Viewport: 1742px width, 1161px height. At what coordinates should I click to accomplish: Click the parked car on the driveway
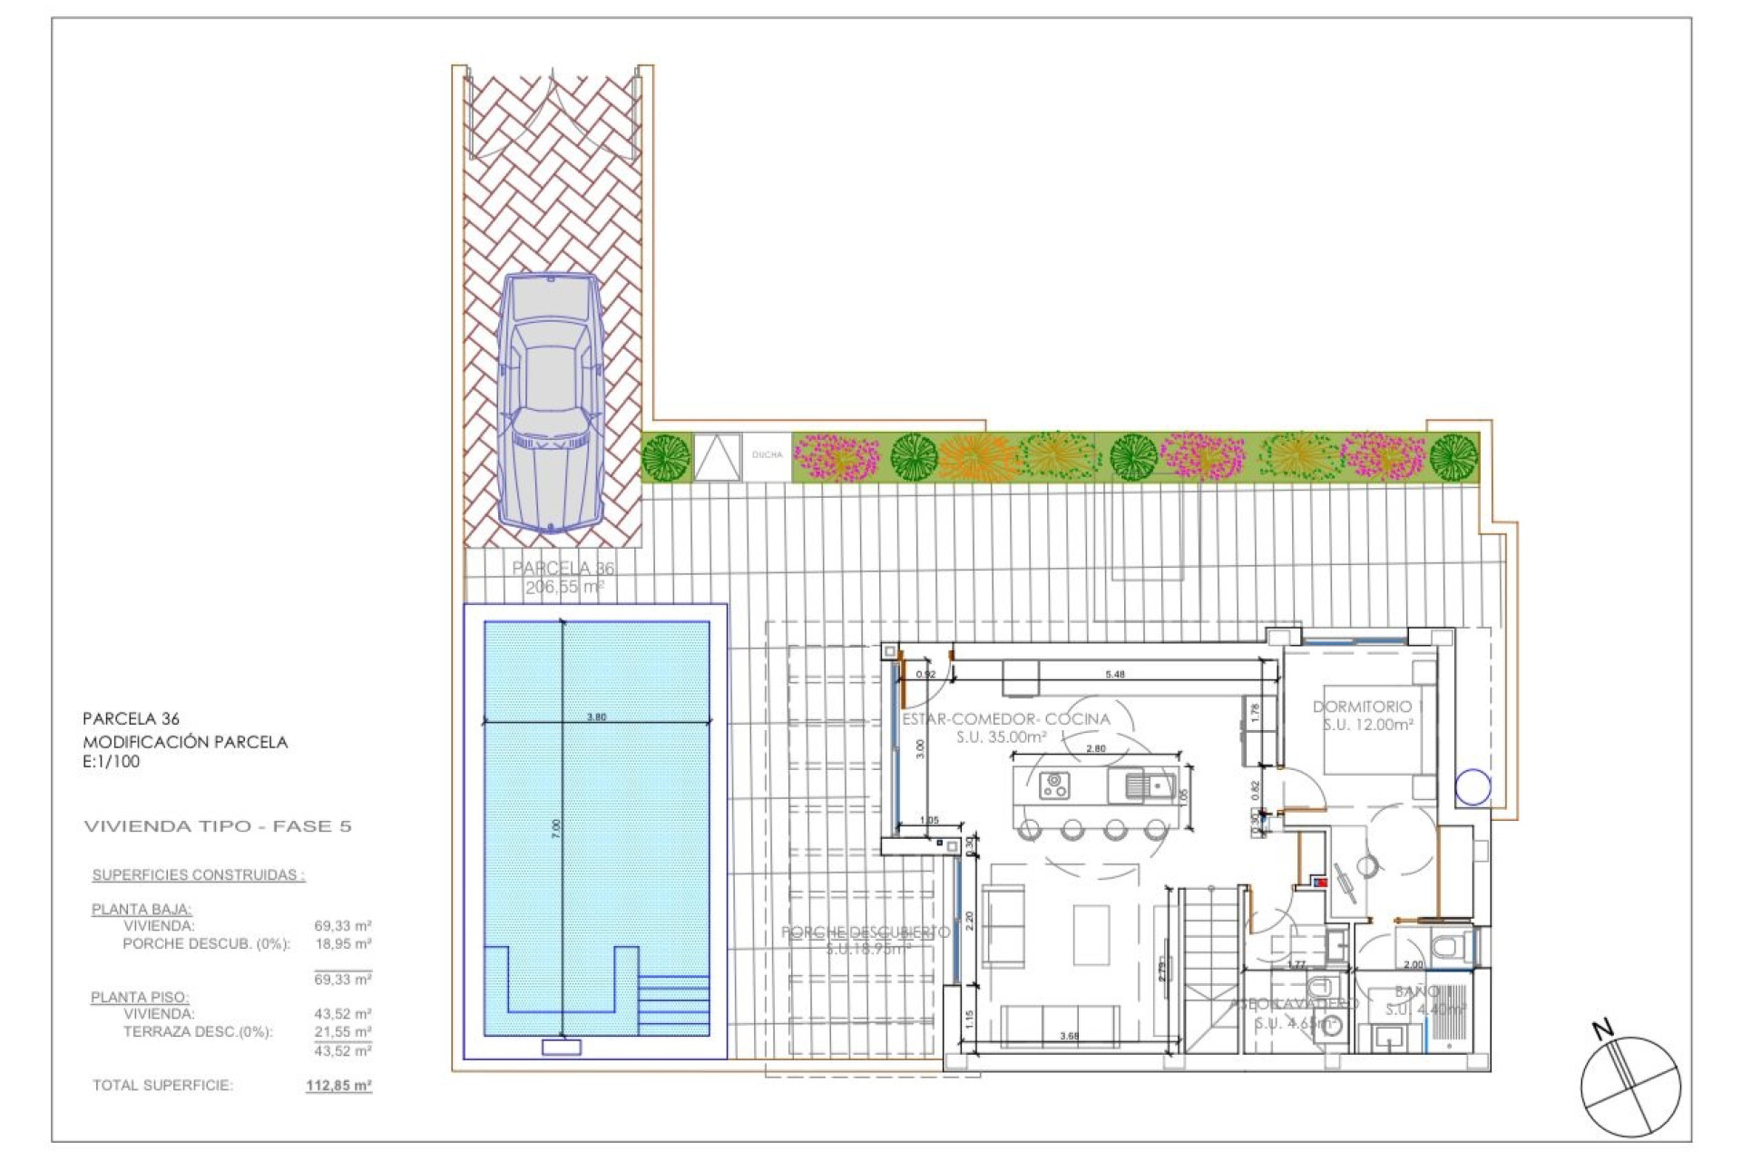click(x=550, y=404)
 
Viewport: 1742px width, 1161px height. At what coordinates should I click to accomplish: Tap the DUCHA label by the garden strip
click(x=767, y=455)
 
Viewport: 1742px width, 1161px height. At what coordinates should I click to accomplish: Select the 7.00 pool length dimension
click(x=556, y=827)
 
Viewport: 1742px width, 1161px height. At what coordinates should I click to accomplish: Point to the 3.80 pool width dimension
click(x=596, y=717)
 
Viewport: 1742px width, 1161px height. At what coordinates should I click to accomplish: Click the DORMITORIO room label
click(x=1362, y=707)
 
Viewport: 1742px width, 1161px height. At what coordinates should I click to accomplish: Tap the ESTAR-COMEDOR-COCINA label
click(x=1005, y=719)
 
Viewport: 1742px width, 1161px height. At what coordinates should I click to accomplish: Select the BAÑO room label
click(x=1415, y=992)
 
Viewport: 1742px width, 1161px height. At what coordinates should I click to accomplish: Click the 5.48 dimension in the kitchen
click(x=1115, y=674)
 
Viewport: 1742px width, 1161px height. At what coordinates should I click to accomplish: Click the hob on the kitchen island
click(x=1054, y=785)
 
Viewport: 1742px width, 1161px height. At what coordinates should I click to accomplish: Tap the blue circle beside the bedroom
click(x=1472, y=787)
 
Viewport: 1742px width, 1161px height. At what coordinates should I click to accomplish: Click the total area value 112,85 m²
click(x=338, y=1086)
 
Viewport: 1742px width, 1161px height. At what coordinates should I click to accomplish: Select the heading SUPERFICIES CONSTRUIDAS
click(x=198, y=875)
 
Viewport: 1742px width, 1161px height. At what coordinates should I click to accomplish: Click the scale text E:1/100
click(x=111, y=762)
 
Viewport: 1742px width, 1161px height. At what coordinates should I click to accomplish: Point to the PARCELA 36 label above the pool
click(x=563, y=569)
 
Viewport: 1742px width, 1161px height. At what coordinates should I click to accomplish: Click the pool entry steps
click(x=674, y=1005)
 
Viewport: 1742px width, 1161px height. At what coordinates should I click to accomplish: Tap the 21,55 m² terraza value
click(x=342, y=1032)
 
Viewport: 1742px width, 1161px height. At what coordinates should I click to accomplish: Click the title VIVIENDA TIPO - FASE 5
click(x=217, y=826)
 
